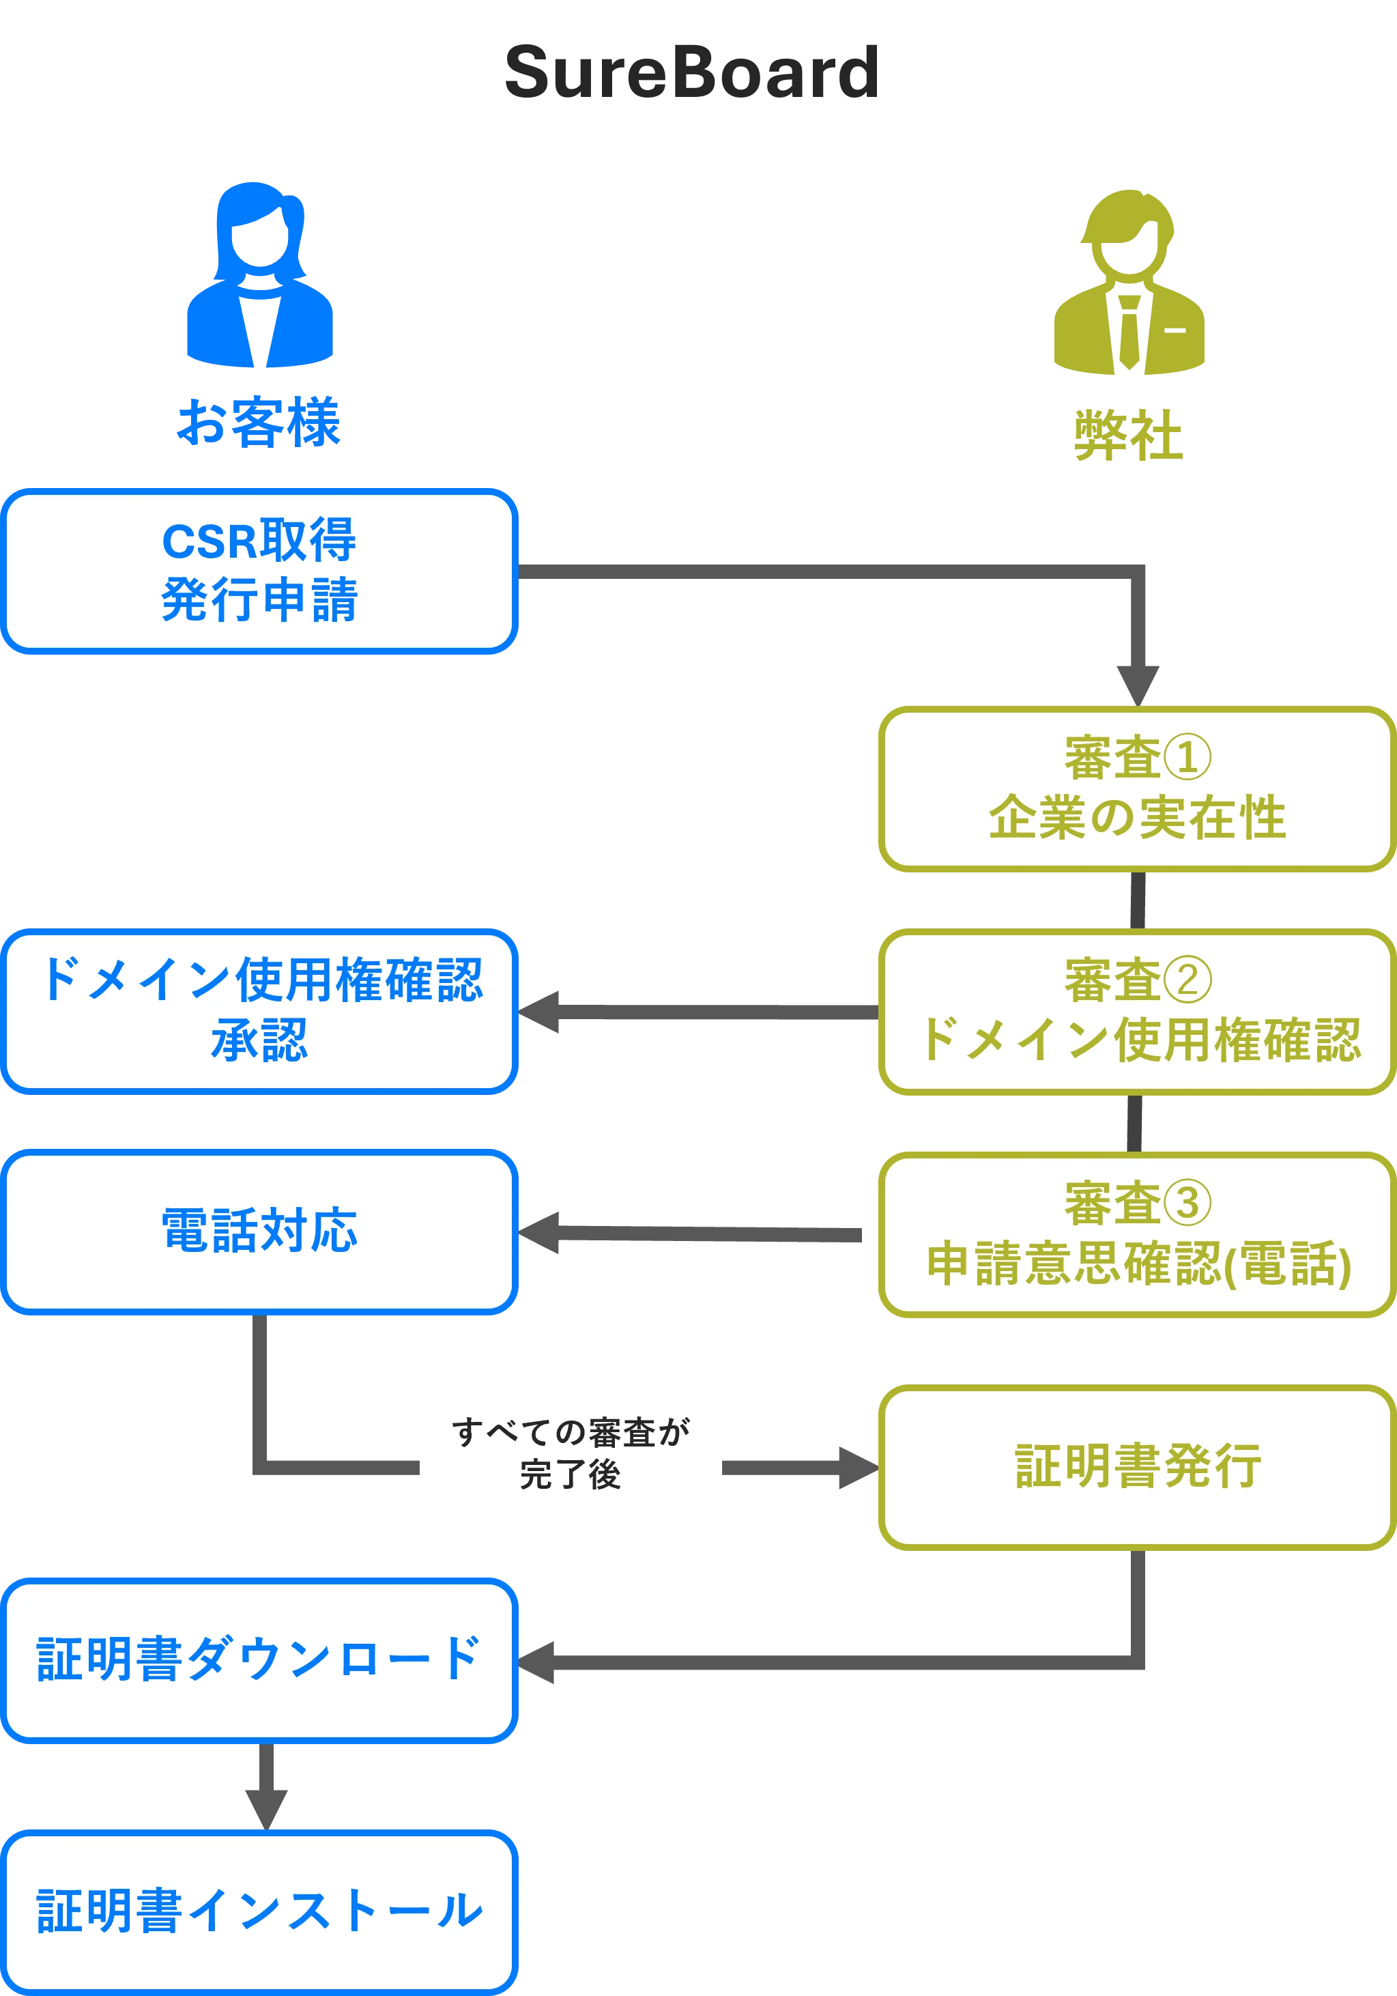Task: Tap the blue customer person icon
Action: [x=259, y=276]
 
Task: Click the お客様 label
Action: [x=259, y=422]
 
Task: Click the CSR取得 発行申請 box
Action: [x=259, y=570]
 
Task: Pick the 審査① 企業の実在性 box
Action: [x=1136, y=788]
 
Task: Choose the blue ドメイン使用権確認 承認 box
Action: [x=259, y=1011]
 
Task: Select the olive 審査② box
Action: [x=1136, y=1011]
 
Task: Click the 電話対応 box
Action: [x=259, y=1231]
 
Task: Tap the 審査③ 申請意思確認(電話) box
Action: [x=1136, y=1234]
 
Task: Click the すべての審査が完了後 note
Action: [x=571, y=1455]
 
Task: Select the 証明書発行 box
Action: [x=1136, y=1466]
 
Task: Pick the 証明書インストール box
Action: [x=259, y=1911]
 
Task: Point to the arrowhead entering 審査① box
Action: [x=1138, y=681]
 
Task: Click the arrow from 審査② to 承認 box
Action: [x=695, y=1013]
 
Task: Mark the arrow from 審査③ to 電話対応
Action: [x=695, y=1233]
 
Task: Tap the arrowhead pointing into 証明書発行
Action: [x=854, y=1468]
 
